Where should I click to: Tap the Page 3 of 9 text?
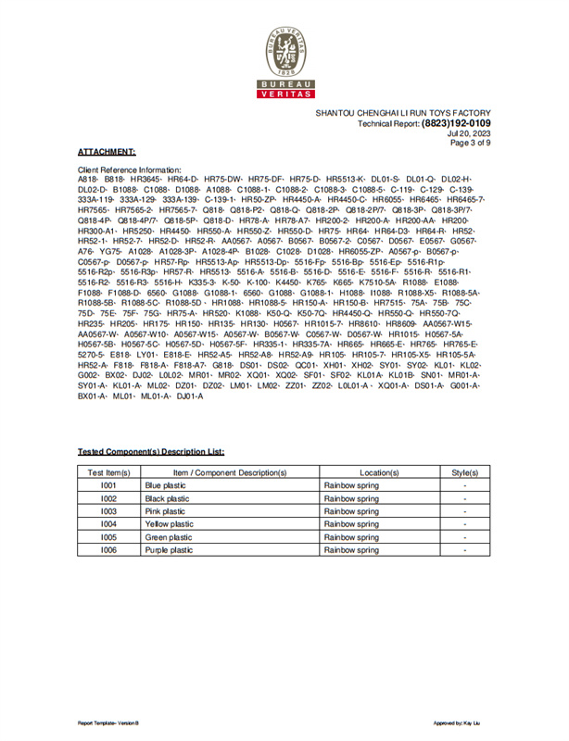click(470, 144)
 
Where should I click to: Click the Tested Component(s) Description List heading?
click(150, 451)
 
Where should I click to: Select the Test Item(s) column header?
click(108, 472)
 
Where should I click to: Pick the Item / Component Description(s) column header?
click(230, 472)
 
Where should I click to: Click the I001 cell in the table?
click(108, 485)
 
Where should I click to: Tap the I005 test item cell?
click(108, 537)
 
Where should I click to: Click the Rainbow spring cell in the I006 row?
click(351, 550)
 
